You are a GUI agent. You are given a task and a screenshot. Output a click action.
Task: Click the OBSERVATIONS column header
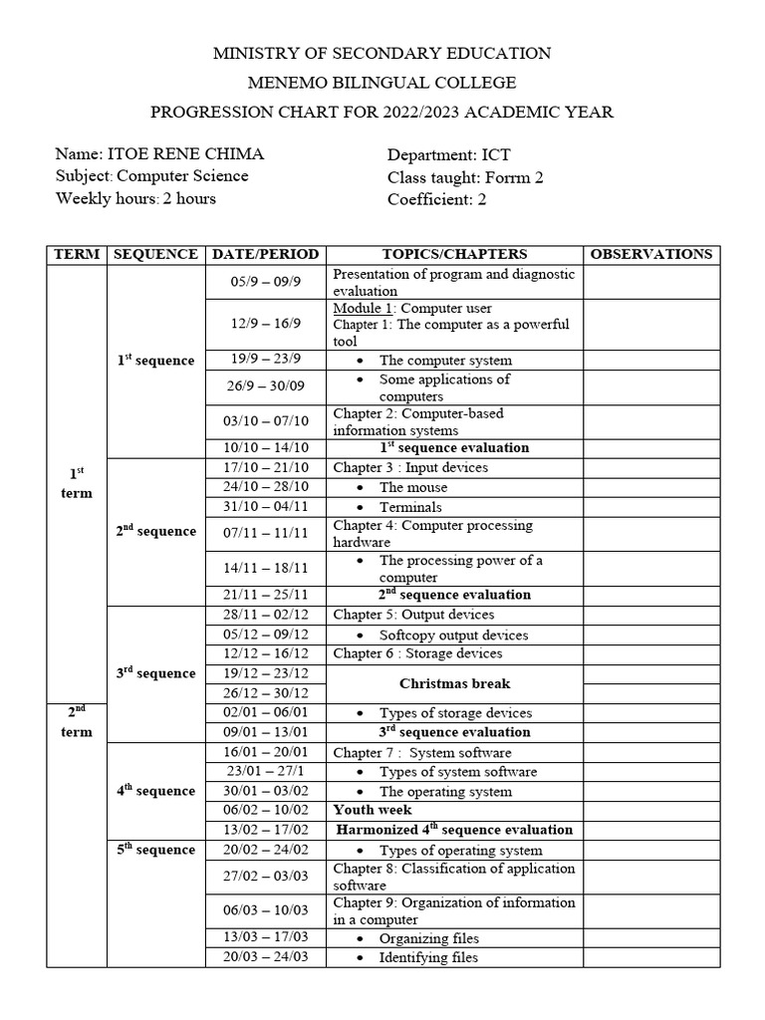coord(651,254)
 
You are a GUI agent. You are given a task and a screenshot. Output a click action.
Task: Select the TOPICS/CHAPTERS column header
coord(454,254)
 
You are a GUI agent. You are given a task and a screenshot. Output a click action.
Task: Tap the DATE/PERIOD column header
coord(265,254)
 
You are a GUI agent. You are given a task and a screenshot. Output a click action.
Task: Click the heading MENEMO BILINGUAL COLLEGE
coord(382,83)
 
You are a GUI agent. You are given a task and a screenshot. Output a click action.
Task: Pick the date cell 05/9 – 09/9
coord(265,282)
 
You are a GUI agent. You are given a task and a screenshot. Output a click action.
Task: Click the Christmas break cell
coord(454,683)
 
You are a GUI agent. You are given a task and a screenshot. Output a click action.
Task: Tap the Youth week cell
coord(373,810)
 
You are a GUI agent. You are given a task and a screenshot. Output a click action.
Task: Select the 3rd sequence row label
coord(155,673)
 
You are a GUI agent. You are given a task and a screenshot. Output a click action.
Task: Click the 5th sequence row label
coord(155,850)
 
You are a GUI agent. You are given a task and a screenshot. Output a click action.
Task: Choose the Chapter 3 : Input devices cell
coord(410,467)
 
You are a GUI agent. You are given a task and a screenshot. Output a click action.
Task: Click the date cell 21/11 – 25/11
coord(265,595)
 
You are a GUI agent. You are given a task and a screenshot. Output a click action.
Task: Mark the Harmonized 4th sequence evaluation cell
coord(454,829)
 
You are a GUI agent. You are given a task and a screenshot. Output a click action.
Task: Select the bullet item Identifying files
coord(428,957)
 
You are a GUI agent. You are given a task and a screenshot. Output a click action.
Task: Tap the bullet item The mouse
coord(412,487)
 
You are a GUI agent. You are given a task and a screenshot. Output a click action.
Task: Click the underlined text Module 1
coord(364,308)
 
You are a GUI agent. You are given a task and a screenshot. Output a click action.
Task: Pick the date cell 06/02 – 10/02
coord(265,810)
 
